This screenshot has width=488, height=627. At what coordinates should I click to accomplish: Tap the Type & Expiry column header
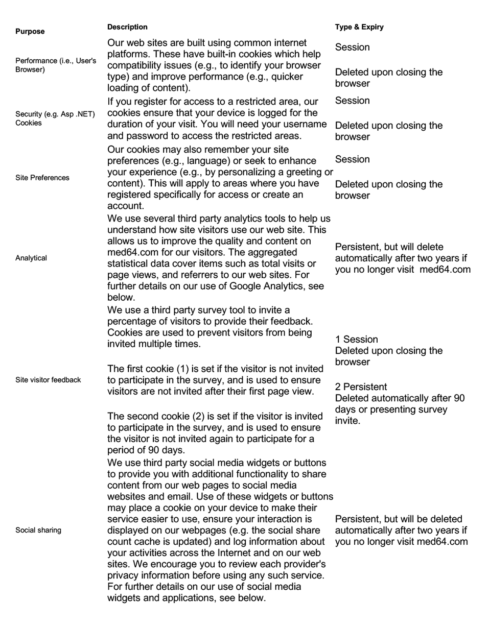(359, 27)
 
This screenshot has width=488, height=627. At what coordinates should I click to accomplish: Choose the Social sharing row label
(38, 530)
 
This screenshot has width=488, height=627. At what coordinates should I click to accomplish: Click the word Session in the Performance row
(353, 47)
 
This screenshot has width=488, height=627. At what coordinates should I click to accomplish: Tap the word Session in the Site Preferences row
(353, 159)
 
